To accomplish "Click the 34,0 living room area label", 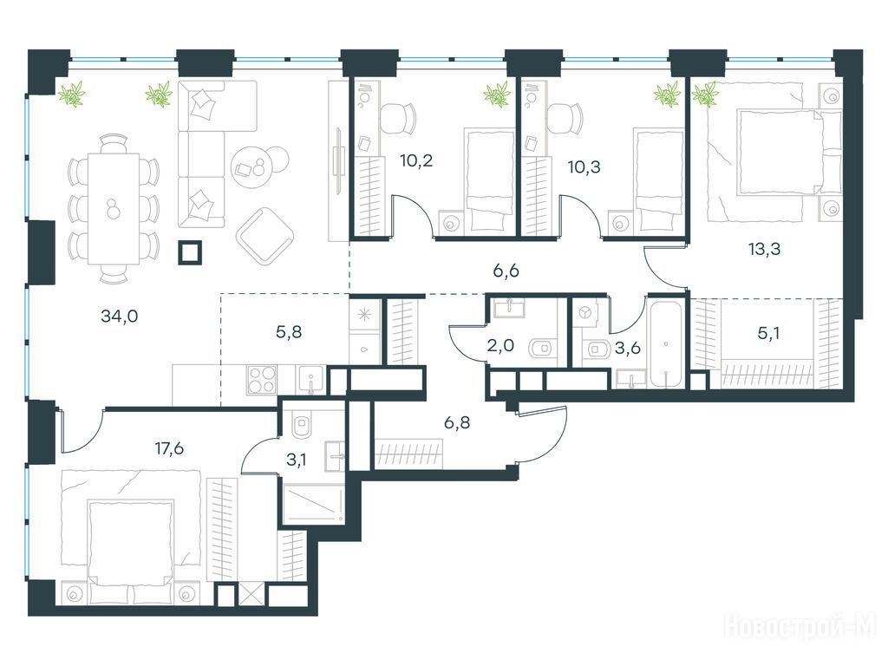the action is point(119,316).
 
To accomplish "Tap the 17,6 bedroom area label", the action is point(169,448).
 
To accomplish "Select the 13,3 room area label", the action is point(765,249).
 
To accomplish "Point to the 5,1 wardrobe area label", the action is point(768,333).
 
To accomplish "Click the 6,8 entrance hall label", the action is point(456,422).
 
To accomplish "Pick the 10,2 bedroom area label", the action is point(416,160).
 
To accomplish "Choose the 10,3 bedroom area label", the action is point(584,167).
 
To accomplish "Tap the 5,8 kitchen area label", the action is point(288,332).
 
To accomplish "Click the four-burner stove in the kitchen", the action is point(262,380).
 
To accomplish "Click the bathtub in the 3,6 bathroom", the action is point(666,341).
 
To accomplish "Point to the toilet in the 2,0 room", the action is point(543,348).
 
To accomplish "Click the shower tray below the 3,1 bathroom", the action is point(313,503).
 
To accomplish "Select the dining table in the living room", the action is point(114,208).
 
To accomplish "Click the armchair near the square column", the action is point(264,236).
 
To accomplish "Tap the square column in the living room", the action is point(190,252).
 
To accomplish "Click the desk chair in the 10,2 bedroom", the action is point(397,117).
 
